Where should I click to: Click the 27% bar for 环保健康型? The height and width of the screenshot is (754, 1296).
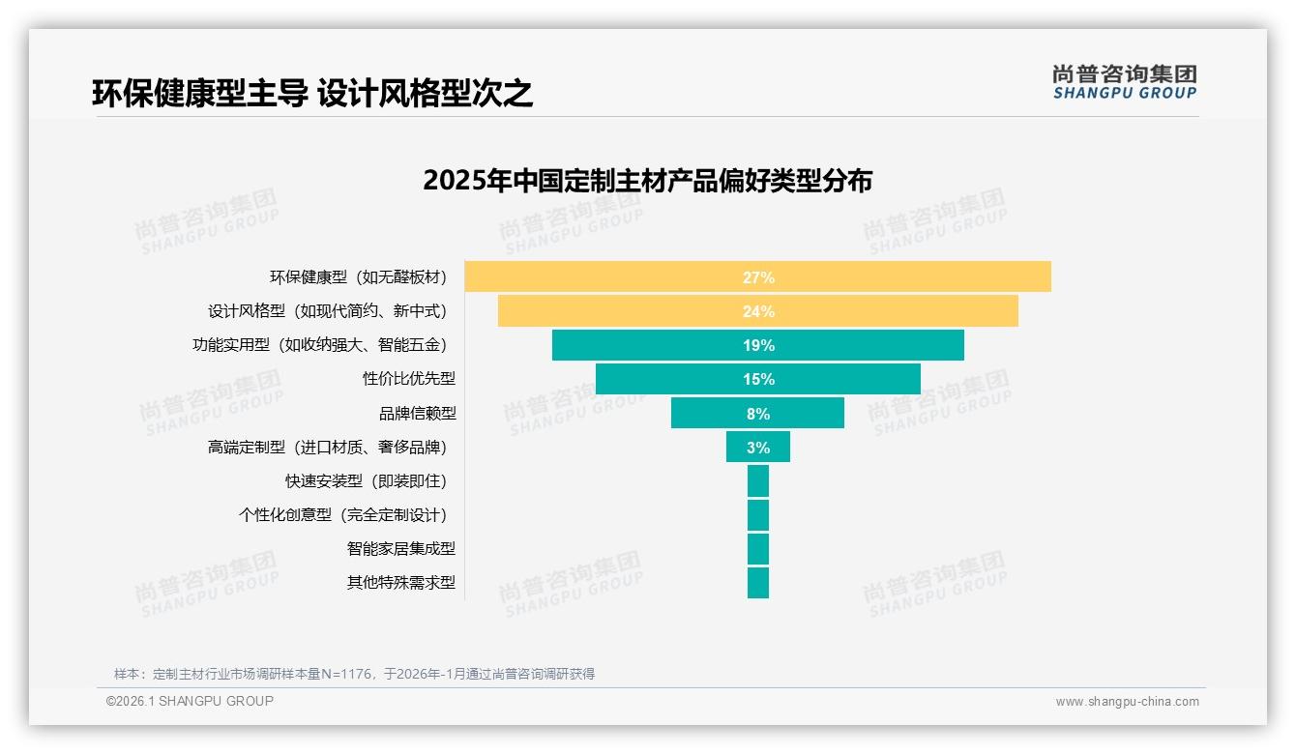coord(757,276)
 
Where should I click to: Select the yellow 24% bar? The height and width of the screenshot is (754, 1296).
coord(757,311)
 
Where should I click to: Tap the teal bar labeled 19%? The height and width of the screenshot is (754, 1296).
coord(757,345)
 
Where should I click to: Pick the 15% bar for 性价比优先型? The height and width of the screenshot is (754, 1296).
coord(757,379)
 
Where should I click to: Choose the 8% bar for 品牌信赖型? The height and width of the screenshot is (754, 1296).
coord(757,413)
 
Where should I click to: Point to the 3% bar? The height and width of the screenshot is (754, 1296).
coord(757,447)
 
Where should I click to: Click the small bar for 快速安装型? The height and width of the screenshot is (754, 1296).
coord(757,480)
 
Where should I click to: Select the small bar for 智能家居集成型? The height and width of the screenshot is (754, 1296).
coord(757,548)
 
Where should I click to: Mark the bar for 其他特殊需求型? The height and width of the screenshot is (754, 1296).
coord(757,582)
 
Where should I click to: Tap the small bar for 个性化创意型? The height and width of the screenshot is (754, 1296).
coord(757,514)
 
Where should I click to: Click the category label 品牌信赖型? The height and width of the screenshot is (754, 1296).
coord(417,414)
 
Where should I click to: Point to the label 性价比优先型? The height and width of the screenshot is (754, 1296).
coord(409,379)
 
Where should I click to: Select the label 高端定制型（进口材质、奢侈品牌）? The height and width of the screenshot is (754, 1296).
coord(328,448)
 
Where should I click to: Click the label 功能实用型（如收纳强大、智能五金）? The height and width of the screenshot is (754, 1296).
coord(320,345)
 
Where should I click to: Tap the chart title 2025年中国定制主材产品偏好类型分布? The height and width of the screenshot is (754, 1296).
coord(647,181)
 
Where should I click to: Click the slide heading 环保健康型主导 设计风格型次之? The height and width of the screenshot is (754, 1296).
coord(312,93)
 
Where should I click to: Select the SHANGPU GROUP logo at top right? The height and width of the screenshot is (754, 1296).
coord(1124,82)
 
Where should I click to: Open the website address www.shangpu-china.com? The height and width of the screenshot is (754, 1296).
coord(1127,702)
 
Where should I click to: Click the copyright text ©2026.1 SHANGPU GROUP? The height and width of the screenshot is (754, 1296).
coord(190,701)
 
